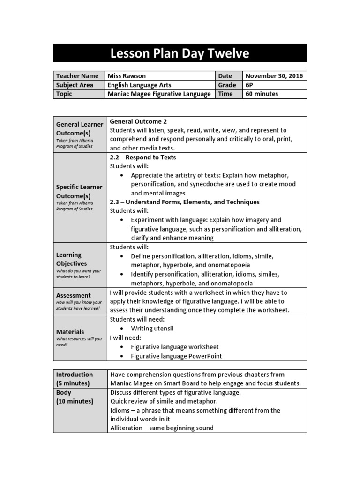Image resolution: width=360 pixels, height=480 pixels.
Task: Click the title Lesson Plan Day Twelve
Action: click(x=180, y=53)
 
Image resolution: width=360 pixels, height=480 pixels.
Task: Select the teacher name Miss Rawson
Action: click(x=127, y=76)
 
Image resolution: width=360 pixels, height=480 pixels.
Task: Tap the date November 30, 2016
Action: click(x=274, y=76)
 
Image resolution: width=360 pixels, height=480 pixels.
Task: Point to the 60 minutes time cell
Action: click(x=262, y=94)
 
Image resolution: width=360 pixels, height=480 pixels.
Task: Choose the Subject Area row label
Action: click(x=75, y=85)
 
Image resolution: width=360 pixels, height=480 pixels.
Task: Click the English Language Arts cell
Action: click(x=139, y=85)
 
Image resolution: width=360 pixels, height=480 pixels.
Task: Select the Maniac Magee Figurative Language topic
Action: click(x=159, y=94)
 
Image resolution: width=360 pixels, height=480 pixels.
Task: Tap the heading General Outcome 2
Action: click(x=138, y=121)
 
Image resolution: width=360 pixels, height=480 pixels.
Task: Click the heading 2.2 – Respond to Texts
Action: click(x=143, y=157)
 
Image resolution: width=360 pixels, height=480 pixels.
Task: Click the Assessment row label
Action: click(x=74, y=295)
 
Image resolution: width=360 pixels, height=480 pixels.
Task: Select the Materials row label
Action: click(x=70, y=331)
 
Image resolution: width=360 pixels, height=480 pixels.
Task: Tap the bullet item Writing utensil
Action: click(x=152, y=329)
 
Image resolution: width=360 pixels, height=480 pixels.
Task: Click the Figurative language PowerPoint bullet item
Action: click(x=176, y=356)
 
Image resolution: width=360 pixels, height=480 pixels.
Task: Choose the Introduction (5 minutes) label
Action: click(x=75, y=379)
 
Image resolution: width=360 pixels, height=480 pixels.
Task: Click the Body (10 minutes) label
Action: click(x=75, y=397)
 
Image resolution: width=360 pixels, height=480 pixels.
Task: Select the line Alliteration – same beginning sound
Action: click(x=162, y=427)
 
